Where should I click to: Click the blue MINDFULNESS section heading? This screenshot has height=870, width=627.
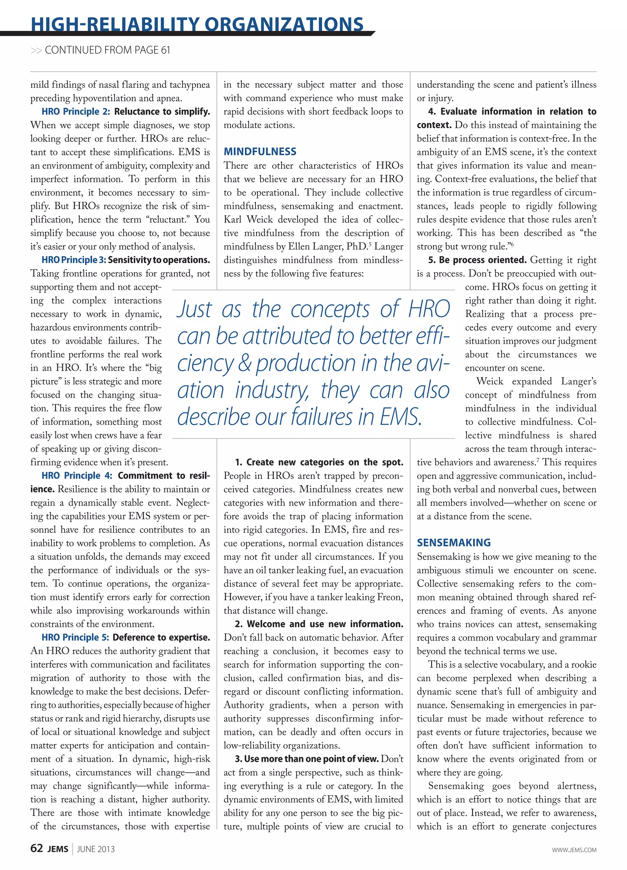click(260, 152)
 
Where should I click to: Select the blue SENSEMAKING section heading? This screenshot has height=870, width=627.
click(453, 542)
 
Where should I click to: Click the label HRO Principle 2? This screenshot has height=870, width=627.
click(76, 112)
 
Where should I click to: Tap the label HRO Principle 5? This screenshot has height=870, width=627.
click(75, 638)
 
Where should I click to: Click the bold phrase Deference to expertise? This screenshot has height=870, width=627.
click(161, 638)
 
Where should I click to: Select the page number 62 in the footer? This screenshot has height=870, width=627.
click(36, 849)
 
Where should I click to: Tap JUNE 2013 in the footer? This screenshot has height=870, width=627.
click(96, 849)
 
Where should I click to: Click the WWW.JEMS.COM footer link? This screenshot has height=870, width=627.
click(574, 850)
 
